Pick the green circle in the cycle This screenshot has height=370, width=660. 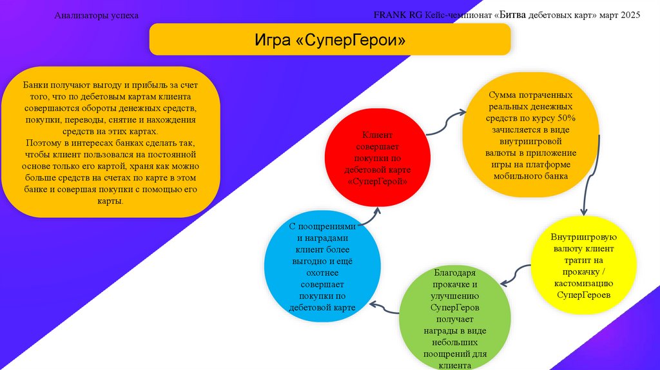(454, 318)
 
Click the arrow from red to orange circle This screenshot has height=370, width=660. (446, 122)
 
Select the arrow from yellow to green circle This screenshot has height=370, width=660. (516, 274)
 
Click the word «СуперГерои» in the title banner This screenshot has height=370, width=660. (351, 40)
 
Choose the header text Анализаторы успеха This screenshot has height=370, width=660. (96, 15)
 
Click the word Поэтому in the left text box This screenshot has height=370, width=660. (43, 142)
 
